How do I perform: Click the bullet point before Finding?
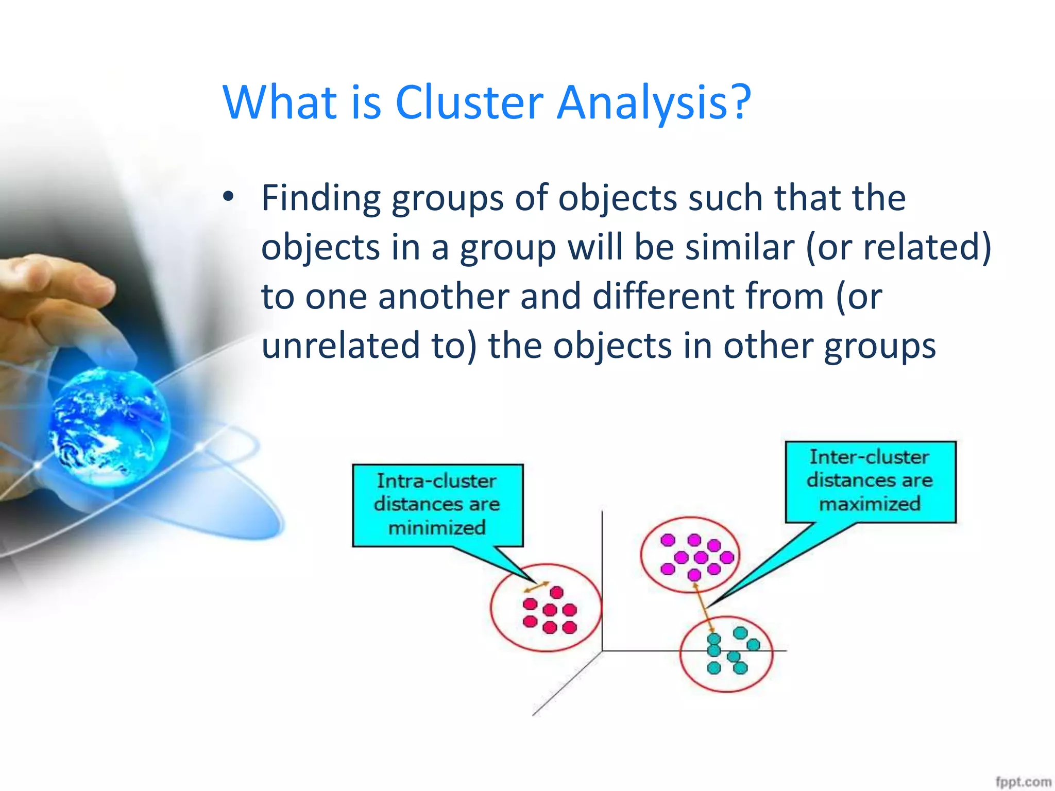(228, 197)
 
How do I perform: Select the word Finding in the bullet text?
(320, 198)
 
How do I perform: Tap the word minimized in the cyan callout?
(437, 528)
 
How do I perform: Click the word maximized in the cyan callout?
(870, 504)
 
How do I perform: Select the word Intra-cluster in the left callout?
(437, 480)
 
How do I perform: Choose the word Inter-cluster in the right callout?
(870, 457)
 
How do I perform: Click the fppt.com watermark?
(1023, 782)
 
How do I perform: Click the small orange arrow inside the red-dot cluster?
(536, 587)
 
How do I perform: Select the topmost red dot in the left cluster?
(556, 592)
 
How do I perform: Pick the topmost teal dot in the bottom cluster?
(740, 633)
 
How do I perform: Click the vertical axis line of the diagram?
(602, 577)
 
